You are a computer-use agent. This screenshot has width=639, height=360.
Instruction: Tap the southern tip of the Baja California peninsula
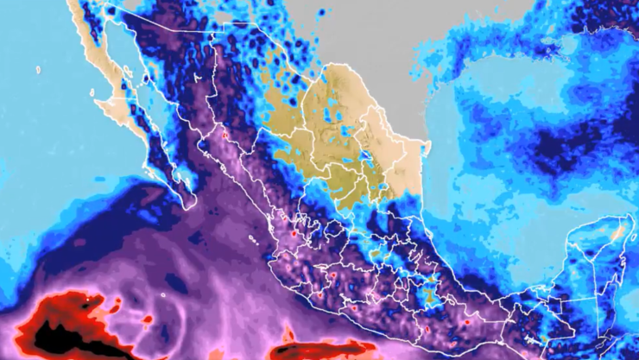coord(187,205)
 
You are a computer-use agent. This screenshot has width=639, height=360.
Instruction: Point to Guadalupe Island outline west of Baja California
coord(39,69)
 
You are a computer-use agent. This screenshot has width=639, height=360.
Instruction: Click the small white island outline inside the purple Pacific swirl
coord(162,294)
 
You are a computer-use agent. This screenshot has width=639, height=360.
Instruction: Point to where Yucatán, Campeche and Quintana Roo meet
coord(597,259)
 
